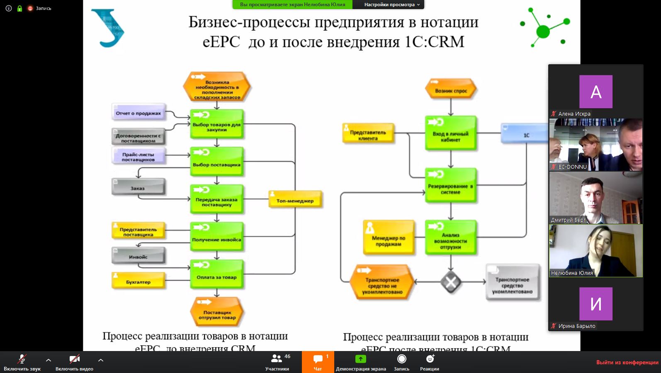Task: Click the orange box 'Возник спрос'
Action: pyautogui.click(x=451, y=90)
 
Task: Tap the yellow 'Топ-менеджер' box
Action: pyautogui.click(x=295, y=199)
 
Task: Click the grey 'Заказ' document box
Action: pyautogui.click(x=138, y=187)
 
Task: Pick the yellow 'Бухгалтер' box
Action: pyautogui.click(x=139, y=281)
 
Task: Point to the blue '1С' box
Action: pyautogui.click(x=525, y=134)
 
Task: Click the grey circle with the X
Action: pyautogui.click(x=450, y=282)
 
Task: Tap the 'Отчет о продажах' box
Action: pyautogui.click(x=139, y=112)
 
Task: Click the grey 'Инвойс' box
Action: pyautogui.click(x=138, y=256)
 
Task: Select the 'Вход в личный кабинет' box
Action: pyautogui.click(x=450, y=133)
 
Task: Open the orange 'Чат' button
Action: pyautogui.click(x=318, y=362)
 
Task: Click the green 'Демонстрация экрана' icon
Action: pyautogui.click(x=361, y=359)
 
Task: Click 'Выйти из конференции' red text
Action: pyautogui.click(x=627, y=362)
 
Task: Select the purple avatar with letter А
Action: pyautogui.click(x=595, y=92)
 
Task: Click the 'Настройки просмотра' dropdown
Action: pyautogui.click(x=391, y=5)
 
